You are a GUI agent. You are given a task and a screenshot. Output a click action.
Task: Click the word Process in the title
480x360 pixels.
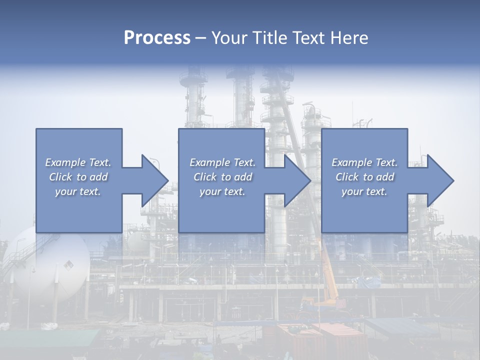coord(157,38)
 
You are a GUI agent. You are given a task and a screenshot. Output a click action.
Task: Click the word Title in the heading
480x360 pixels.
coord(270,38)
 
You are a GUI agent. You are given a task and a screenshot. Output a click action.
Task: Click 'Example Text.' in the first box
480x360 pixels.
coord(78,162)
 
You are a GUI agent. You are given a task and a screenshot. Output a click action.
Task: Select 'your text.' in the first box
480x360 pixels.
coord(78,191)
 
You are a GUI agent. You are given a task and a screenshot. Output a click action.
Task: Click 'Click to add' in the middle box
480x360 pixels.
coord(222,177)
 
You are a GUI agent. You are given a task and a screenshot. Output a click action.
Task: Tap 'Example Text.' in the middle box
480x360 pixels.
coord(222,162)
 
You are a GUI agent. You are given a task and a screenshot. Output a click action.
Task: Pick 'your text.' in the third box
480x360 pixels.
coord(364,191)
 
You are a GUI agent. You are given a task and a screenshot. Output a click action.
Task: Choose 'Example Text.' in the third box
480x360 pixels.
coord(364,162)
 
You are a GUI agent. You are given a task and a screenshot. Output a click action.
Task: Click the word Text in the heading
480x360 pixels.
coord(309,38)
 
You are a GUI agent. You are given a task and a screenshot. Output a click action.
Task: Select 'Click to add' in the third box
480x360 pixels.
coord(364,177)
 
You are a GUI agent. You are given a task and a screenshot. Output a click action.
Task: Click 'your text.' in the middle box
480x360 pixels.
coord(222,191)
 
